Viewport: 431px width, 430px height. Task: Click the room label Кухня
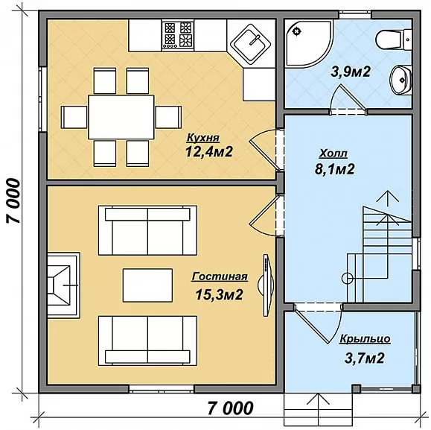(x=203, y=138)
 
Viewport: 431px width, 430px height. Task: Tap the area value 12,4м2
(x=209, y=151)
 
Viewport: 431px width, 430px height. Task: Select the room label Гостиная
(x=220, y=276)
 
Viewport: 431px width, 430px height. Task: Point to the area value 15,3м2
(x=219, y=294)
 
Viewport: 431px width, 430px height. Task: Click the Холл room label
(x=333, y=154)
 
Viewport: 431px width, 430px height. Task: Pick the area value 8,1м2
(x=334, y=169)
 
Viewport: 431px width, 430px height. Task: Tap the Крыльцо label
(x=365, y=339)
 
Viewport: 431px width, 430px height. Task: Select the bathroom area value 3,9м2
(x=351, y=72)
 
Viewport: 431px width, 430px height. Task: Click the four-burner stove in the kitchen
(x=178, y=35)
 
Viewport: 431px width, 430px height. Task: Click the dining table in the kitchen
(x=121, y=117)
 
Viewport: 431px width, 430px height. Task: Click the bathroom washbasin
(x=400, y=80)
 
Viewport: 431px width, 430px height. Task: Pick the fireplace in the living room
(x=63, y=285)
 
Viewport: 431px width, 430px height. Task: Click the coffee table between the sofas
(x=147, y=285)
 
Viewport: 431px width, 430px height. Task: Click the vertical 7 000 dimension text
(x=13, y=200)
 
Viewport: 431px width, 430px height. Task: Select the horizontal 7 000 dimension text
(x=230, y=408)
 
